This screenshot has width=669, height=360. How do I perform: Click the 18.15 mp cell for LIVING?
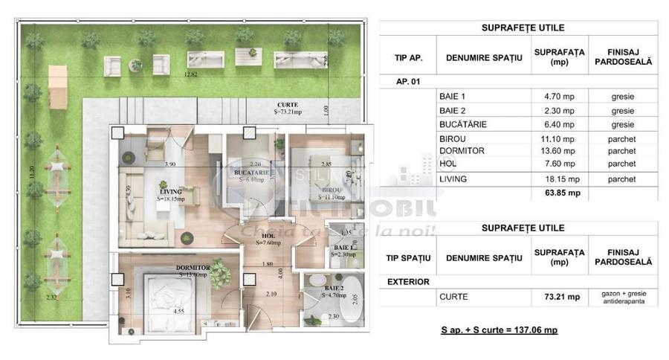pos(558,179)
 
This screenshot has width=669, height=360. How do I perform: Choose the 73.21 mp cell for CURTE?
pos(558,297)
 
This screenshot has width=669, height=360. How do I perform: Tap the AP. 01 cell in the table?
pos(406,82)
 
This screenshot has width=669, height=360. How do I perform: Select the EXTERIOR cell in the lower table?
pos(409,282)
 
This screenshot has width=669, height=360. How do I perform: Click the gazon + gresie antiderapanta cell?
pos(623,297)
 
